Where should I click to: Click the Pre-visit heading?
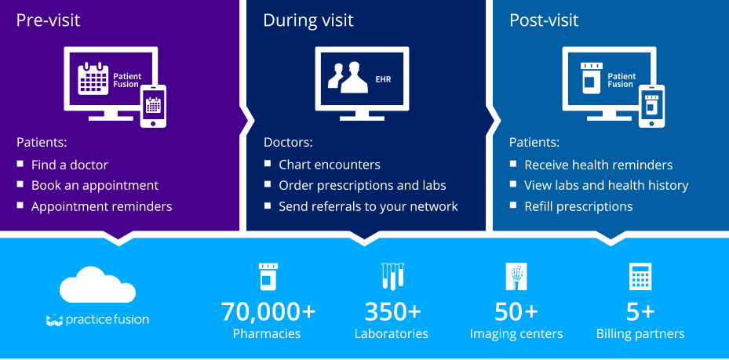(x=48, y=20)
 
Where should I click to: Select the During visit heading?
(x=308, y=20)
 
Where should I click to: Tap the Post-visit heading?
(x=544, y=20)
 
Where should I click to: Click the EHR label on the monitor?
(x=383, y=79)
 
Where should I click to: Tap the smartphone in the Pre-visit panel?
(x=153, y=106)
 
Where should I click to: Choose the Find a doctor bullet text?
(x=70, y=165)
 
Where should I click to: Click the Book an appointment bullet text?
(x=95, y=186)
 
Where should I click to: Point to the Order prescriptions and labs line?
(x=363, y=186)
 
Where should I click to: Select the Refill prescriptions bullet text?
(x=578, y=206)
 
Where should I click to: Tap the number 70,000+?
(x=268, y=311)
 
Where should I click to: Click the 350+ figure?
(x=392, y=311)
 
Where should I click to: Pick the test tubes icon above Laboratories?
(x=392, y=277)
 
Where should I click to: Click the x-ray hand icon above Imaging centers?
(x=516, y=277)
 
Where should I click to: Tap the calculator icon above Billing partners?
(x=640, y=277)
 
